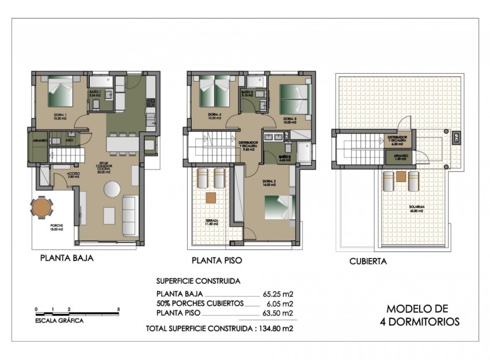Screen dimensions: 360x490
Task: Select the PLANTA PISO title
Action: click(216, 260)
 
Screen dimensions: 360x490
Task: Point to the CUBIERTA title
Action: click(367, 261)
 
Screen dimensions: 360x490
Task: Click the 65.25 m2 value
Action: click(278, 293)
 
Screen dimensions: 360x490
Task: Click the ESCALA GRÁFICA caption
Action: click(59, 320)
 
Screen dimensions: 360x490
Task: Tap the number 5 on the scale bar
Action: click(118, 309)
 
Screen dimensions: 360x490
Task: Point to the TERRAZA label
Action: click(211, 221)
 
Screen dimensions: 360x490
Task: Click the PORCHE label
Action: click(56, 226)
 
